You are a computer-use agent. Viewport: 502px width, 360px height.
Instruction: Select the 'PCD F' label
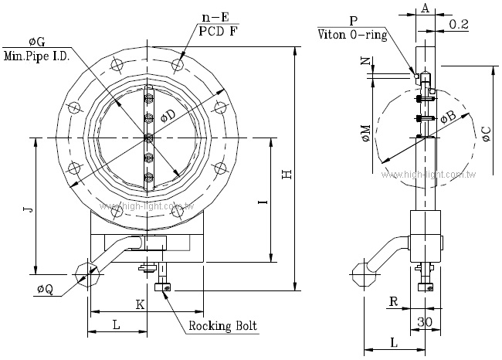[218, 32]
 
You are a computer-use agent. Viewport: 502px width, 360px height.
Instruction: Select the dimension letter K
[141, 304]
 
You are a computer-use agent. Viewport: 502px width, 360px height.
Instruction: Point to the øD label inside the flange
[167, 114]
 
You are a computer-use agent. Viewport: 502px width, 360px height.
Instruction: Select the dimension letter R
[393, 301]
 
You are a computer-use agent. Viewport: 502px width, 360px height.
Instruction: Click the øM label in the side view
[365, 134]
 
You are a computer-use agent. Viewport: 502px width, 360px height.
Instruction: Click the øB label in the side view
[449, 117]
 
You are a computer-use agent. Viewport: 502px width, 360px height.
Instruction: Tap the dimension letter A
[425, 8]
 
